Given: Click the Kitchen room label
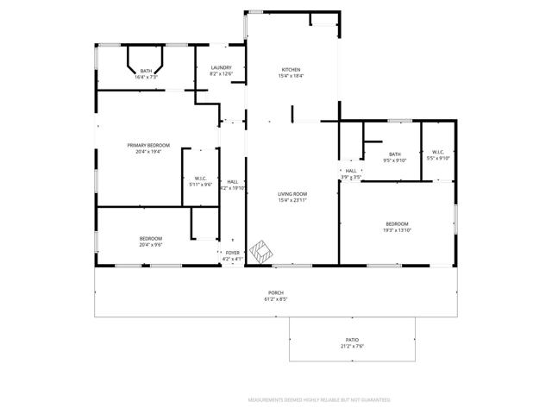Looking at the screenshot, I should click(292, 70).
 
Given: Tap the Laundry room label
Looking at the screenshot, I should click(220, 67).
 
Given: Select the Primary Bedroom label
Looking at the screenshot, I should click(148, 145).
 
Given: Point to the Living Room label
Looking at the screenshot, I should click(292, 194).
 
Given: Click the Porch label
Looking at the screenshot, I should click(275, 293).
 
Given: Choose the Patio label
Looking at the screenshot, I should click(352, 340).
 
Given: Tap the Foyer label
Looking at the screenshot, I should click(233, 253).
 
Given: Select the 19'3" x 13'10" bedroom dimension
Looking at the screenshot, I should click(397, 229).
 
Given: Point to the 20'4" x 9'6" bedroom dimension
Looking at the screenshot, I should click(150, 245).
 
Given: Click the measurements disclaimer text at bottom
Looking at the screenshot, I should click(319, 400).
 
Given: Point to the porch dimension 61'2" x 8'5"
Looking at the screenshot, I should click(275, 300).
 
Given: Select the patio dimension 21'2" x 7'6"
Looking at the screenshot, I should click(352, 347).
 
